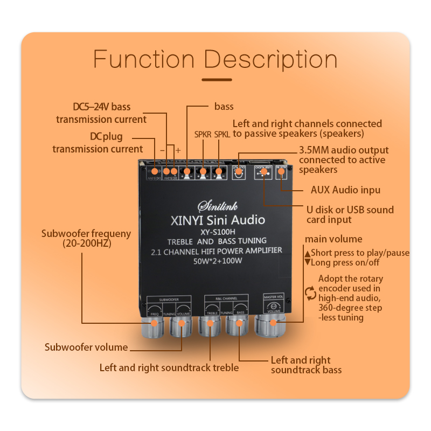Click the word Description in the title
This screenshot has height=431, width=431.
coord(270,59)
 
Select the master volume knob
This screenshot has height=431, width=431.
coord(273,323)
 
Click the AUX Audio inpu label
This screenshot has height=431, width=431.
coord(345,190)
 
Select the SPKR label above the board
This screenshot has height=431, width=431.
coord(203,134)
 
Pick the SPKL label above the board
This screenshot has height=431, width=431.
coord(222,134)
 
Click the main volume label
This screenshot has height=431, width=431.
coord(333,239)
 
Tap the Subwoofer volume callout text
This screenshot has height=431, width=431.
coord(86,347)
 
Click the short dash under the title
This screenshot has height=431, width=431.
coord(215,80)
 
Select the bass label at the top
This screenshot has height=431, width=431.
coord(224,107)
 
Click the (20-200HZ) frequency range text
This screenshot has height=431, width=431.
coord(86,244)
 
